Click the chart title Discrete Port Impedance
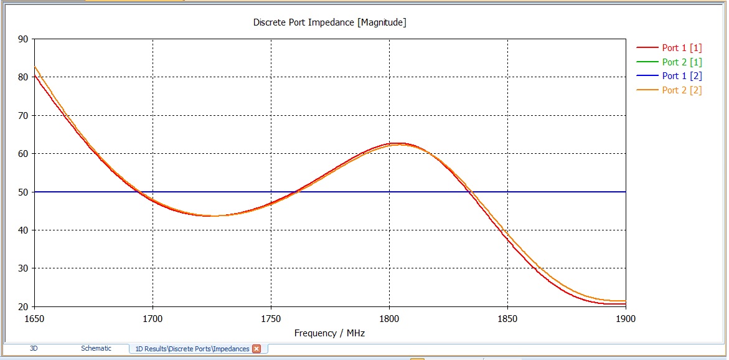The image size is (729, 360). click(x=329, y=22)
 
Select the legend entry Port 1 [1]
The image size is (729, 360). click(x=682, y=48)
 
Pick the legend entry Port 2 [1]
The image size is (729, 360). click(x=682, y=62)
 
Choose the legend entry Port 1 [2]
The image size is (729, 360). click(x=682, y=76)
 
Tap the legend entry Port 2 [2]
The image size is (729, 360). click(x=682, y=90)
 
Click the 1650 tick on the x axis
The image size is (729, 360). click(x=34, y=318)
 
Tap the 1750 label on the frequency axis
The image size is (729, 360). click(x=271, y=318)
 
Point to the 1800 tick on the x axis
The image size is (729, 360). click(x=389, y=318)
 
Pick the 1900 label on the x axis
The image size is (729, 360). click(x=625, y=318)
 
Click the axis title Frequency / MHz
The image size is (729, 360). click(x=329, y=333)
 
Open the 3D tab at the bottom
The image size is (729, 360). click(x=34, y=349)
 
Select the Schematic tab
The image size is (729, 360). click(x=96, y=349)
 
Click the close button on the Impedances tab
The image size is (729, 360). click(x=256, y=349)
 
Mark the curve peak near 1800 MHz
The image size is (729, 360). click(x=390, y=143)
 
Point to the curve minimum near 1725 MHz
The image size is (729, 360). click(x=212, y=216)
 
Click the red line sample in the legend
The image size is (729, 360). click(x=647, y=48)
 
